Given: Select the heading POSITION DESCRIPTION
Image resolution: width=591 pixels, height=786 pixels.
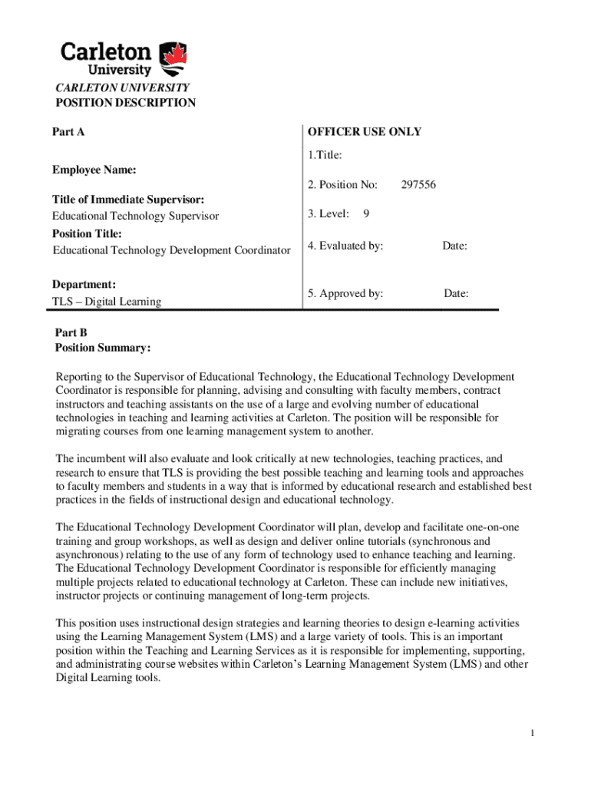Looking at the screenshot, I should pos(125,103).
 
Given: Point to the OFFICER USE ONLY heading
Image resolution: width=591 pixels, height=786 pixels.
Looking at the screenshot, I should pos(365,131).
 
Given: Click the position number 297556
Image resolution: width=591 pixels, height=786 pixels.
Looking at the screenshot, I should pos(418,184).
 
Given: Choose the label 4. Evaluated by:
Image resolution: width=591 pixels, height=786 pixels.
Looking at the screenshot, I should pos(345,246).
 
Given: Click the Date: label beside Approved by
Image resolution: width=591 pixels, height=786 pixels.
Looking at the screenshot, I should pos(456,293).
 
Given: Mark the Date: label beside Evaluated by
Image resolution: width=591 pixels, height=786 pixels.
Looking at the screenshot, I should pos(454,246).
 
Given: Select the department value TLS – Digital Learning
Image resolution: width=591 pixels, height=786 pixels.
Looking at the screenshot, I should pos(107,302).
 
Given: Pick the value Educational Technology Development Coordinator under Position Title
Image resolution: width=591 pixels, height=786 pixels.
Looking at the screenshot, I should pos(171,250).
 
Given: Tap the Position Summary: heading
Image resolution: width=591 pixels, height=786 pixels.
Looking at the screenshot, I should pos(103,348).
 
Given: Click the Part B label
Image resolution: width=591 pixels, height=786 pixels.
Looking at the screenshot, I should pos(71,332).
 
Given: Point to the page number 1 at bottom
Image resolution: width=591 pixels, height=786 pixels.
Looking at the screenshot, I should pos(531,734).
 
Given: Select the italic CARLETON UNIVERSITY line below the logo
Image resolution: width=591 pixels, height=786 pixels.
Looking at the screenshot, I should pos(122,88).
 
